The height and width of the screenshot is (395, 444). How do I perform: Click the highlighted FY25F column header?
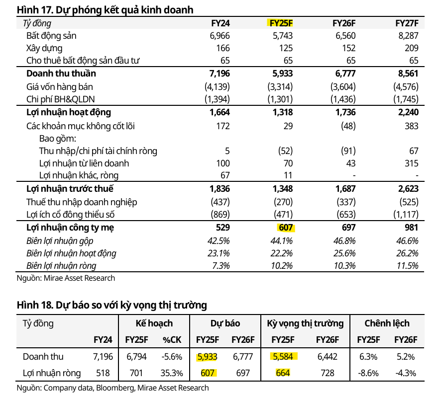[x=281, y=23]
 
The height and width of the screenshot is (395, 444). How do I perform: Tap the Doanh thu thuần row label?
[x=61, y=74]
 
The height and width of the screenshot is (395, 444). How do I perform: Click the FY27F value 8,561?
[x=408, y=74]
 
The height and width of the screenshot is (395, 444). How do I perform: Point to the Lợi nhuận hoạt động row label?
[x=69, y=112]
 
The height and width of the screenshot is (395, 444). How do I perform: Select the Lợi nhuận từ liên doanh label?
[x=84, y=163]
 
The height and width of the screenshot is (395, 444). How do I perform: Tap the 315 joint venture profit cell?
[x=411, y=163]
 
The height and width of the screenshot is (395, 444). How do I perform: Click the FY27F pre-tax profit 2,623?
[x=408, y=189]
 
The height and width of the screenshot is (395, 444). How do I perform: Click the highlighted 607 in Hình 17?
[x=285, y=228]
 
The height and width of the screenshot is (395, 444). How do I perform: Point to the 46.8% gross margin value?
[x=345, y=241]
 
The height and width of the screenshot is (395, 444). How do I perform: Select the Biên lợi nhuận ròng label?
[x=61, y=266]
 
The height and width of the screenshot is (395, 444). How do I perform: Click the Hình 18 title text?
[x=111, y=305]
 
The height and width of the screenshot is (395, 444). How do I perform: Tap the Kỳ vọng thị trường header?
[x=305, y=323]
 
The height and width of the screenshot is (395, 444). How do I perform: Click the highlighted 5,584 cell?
[x=284, y=356]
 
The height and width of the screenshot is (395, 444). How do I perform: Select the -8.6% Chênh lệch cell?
[x=368, y=373]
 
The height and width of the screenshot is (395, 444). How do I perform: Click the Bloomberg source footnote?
[x=113, y=388]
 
